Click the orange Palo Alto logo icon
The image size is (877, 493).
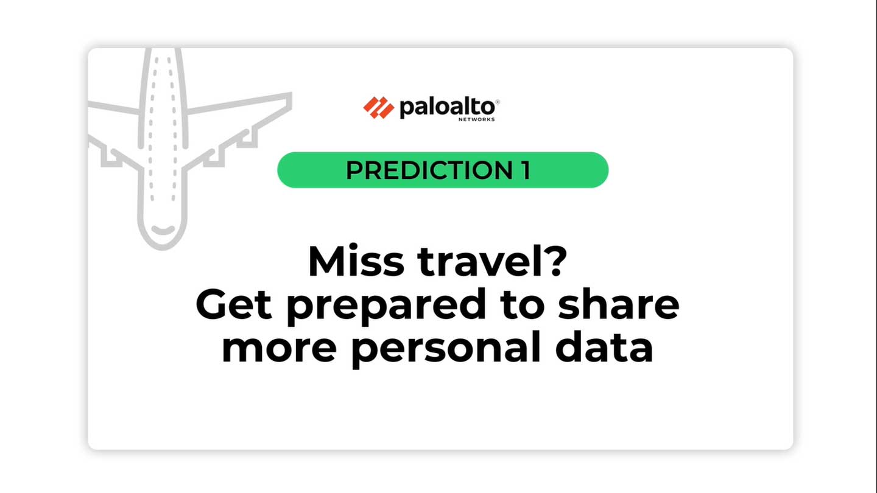point(378,107)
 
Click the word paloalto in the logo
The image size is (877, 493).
point(447,108)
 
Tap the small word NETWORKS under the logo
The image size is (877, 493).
point(476,119)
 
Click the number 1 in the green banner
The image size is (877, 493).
point(526,170)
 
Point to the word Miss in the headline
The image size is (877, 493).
point(356,261)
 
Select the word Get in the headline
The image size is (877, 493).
point(234,304)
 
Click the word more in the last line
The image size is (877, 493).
point(279,348)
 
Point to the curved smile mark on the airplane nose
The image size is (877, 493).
point(163,230)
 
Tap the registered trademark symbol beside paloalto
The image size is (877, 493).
point(497,102)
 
